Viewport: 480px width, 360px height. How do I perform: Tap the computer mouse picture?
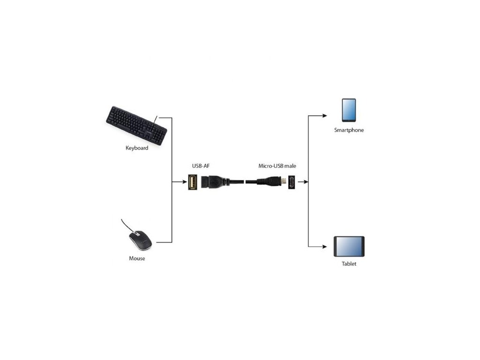[141, 240]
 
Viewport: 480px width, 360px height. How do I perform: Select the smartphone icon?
[348, 111]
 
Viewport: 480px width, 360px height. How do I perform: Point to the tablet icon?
[349, 247]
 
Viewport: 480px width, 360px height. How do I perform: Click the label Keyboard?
[137, 148]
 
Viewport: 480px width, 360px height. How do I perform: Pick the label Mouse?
[137, 258]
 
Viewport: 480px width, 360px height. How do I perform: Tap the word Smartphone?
[349, 130]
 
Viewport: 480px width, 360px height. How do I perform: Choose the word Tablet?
[349, 264]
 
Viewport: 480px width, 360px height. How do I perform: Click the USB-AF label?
[200, 166]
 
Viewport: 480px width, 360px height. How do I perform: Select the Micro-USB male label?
[277, 166]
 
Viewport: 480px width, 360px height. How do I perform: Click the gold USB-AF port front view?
[192, 182]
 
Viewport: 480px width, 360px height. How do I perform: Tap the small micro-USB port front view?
[291, 182]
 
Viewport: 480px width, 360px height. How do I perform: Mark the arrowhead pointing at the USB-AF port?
[184, 182]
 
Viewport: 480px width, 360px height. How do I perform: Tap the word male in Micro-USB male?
[290, 166]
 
